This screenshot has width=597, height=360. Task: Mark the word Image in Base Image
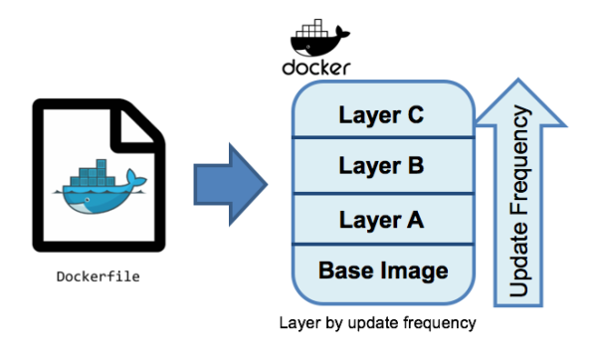(x=413, y=269)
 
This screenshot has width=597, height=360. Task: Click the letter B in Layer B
(x=415, y=165)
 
